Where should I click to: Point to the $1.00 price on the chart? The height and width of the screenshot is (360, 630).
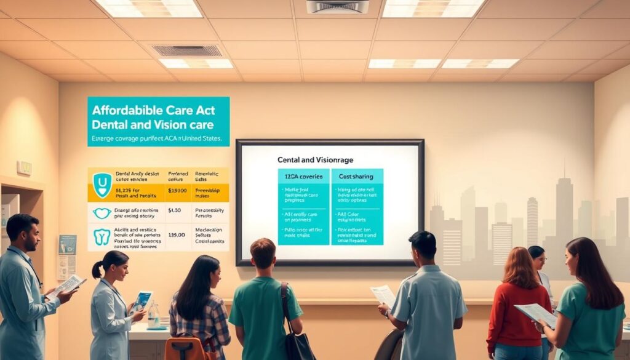coord(173,210)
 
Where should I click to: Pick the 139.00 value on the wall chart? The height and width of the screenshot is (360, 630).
coord(176,234)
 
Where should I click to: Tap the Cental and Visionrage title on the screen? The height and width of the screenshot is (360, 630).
coord(315,159)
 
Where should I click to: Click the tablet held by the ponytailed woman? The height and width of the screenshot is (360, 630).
coord(142,300)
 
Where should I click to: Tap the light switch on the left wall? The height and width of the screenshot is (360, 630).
coord(25,167)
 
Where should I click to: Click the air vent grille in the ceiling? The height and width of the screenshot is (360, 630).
coord(186,50)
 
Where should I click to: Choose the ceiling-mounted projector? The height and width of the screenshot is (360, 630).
coord(337,6)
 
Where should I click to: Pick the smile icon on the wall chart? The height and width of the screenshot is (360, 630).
coord(102,213)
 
